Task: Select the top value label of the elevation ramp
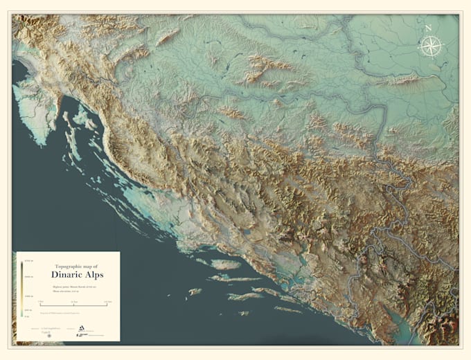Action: (x=26, y=260)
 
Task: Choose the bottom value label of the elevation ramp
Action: (x=26, y=317)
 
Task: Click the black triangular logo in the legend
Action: (x=81, y=330)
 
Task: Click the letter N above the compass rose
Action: (x=429, y=28)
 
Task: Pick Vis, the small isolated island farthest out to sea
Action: (x=195, y=291)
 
